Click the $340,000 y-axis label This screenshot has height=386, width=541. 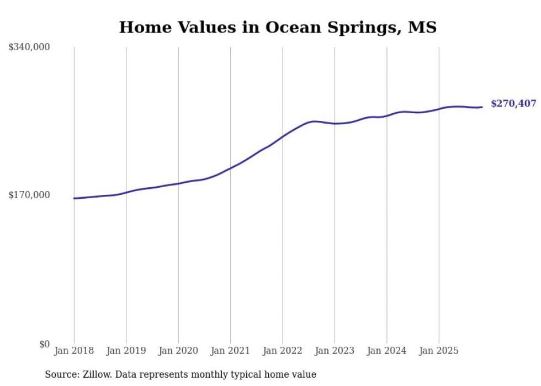pos(29,47)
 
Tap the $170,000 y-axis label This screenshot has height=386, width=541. pos(29,195)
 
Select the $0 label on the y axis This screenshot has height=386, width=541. pos(44,344)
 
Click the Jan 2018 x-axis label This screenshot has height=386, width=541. pos(74,351)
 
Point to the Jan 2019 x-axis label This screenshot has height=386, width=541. pos(126,351)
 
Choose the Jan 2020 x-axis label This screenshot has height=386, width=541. pos(178,351)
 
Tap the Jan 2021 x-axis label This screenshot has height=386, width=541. pos(230,351)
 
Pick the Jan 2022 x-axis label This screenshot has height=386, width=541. pos(283,351)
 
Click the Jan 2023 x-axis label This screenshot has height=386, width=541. pos(335,351)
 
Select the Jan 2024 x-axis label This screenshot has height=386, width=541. pos(387,351)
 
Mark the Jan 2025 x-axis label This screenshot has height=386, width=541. pos(439,351)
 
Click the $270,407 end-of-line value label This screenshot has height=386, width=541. pos(513,104)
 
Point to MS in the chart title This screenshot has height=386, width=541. pos(422,27)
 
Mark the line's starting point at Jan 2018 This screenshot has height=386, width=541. pos(74,198)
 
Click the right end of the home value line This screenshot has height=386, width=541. pos(482,107)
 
